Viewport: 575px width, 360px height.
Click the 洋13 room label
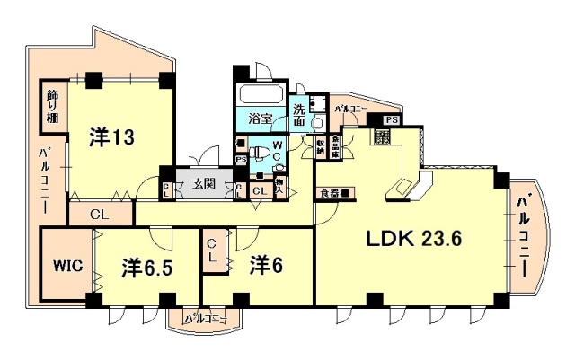point(111,137)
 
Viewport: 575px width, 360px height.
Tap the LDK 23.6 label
point(412,240)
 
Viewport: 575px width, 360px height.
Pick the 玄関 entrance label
point(204,185)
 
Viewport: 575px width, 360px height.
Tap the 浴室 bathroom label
point(261,117)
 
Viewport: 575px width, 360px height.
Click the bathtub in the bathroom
point(261,95)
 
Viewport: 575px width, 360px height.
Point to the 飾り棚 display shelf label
point(51,105)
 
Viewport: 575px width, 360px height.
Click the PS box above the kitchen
point(392,119)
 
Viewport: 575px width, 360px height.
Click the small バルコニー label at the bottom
point(204,318)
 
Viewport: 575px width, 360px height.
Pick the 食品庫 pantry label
point(335,145)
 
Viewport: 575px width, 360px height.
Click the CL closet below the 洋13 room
point(100,215)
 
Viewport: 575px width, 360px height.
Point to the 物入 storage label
point(280,185)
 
